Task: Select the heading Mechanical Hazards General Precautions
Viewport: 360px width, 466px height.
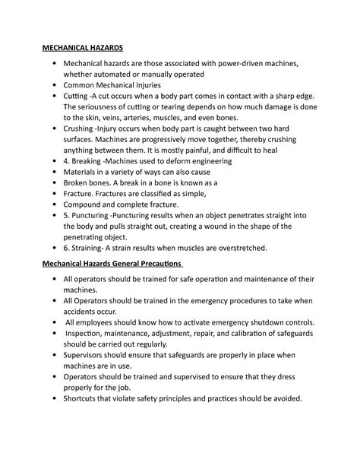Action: click(113, 263)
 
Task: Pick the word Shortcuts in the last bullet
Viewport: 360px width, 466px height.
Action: click(88, 398)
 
